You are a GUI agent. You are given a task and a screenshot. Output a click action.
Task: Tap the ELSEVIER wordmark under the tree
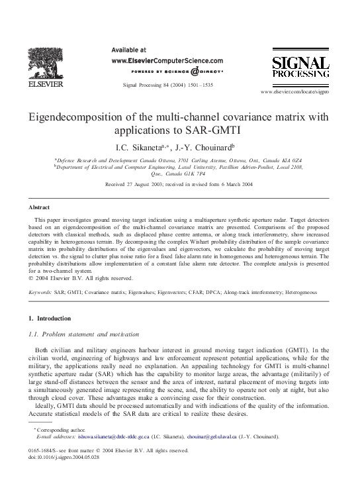click(44, 85)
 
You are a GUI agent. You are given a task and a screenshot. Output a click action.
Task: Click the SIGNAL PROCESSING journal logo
click(300, 68)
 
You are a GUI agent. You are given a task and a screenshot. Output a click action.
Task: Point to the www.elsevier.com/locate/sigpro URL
click(295, 90)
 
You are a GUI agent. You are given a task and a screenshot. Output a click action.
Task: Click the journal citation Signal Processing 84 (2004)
click(168, 85)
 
